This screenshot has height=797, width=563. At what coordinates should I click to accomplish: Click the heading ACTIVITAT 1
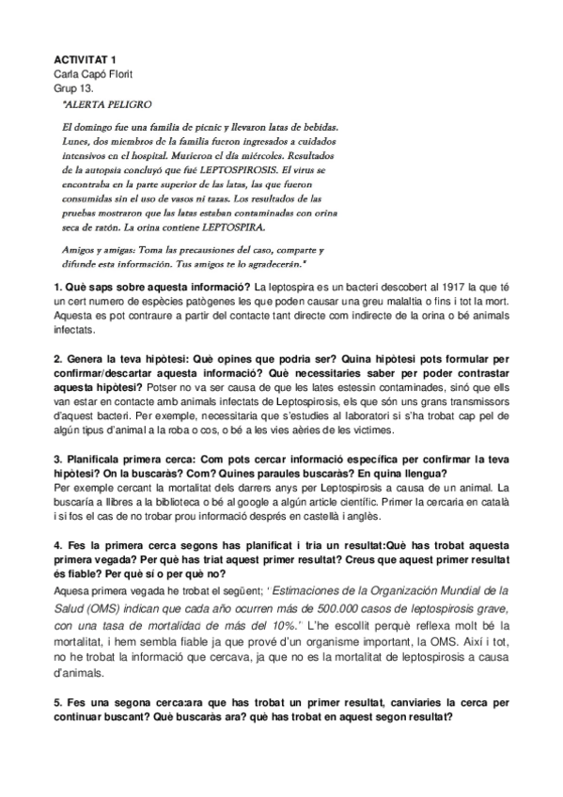coord(86,58)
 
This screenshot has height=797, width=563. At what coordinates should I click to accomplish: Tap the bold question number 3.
coord(56,461)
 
